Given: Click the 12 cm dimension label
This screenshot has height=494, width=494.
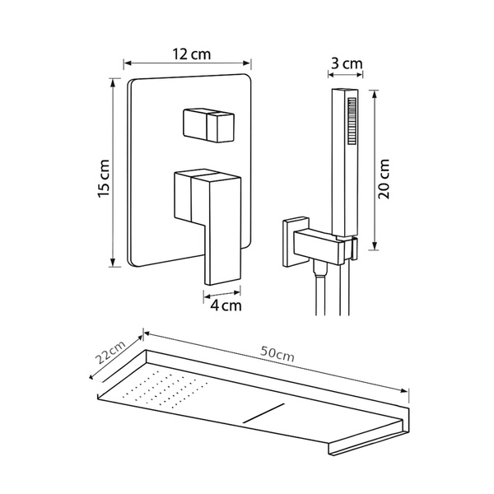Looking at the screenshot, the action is point(191,54).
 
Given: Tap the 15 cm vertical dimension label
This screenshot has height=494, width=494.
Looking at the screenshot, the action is point(104,179).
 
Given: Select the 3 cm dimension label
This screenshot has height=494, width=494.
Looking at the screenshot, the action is point(347,63).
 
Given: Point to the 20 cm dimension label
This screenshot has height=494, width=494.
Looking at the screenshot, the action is point(384,179).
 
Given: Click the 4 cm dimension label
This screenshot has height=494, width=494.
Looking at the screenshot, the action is point(226,305).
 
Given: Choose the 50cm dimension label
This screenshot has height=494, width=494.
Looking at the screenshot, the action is point(277,354).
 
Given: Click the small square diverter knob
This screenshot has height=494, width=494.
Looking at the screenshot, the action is point(208,125).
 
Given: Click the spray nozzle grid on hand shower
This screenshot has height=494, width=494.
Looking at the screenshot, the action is point(352,121).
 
